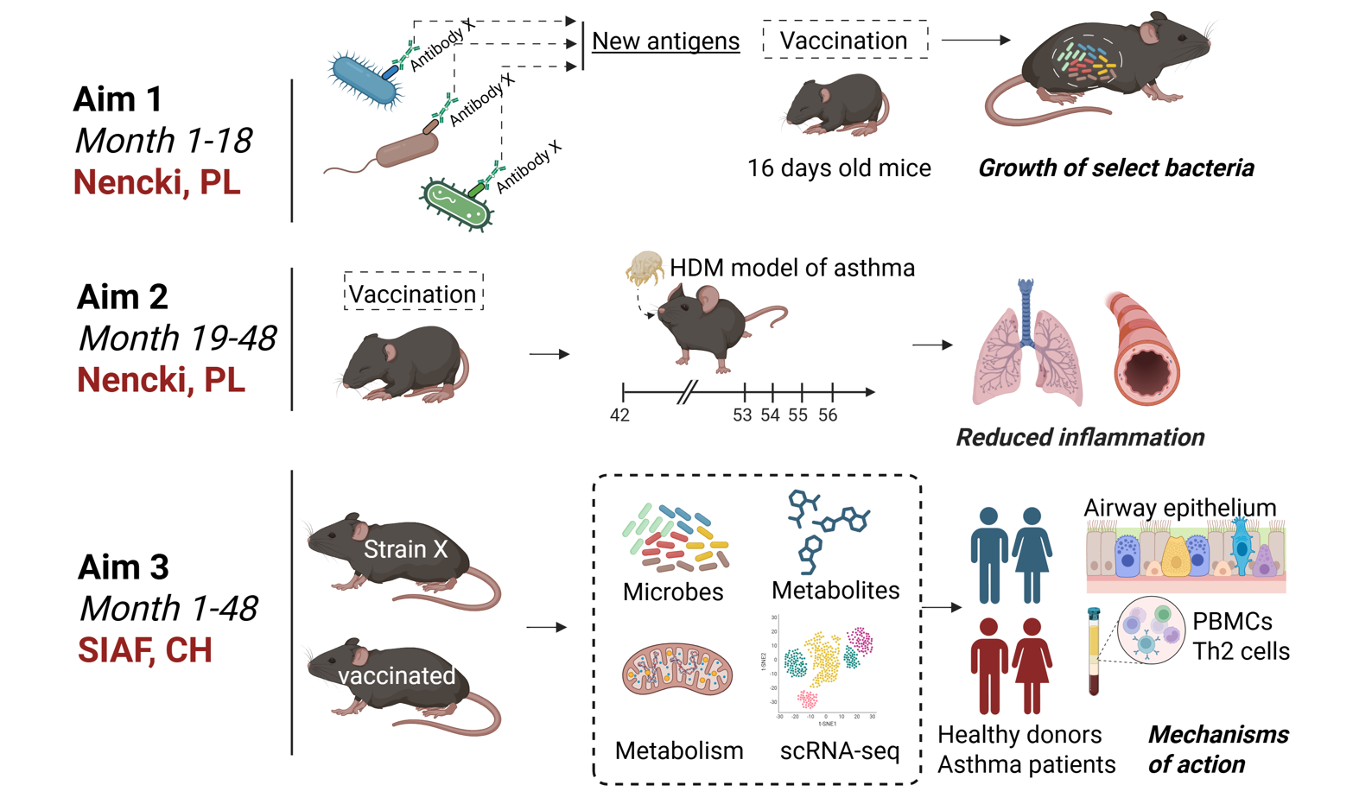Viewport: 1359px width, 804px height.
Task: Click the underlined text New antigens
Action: (665, 41)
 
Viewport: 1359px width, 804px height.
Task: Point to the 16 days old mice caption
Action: (839, 168)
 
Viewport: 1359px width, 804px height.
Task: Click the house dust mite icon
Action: (644, 267)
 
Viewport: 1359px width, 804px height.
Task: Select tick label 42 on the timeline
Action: (619, 415)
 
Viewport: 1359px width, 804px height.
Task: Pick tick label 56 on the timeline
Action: (828, 415)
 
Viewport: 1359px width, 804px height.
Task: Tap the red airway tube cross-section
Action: (1142, 351)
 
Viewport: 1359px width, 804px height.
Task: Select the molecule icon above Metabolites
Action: (825, 527)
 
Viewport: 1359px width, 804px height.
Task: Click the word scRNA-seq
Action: (839, 750)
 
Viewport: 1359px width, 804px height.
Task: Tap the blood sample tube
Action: (1094, 652)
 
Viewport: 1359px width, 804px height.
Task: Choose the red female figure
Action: (1032, 666)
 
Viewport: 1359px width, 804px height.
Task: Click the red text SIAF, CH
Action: (145, 650)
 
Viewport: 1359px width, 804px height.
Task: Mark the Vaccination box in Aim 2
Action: (413, 294)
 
